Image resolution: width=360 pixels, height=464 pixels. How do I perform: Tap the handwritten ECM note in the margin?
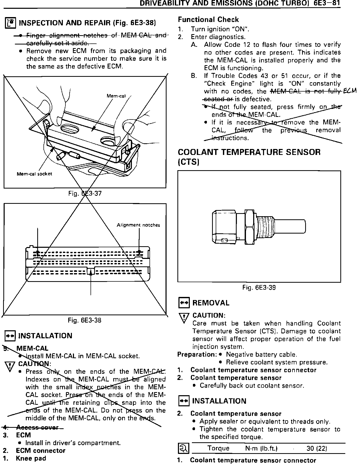point(350,91)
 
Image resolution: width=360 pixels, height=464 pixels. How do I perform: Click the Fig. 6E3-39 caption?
point(259,287)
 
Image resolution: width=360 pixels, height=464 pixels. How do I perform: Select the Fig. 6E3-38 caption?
point(85,320)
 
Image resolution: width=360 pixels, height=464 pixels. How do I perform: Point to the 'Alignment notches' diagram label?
point(138,225)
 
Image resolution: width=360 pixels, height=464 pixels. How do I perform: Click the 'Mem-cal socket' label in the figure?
point(34,174)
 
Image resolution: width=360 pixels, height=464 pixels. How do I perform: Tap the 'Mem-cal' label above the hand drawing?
point(116,96)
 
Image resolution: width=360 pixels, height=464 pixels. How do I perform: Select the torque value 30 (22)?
point(317,448)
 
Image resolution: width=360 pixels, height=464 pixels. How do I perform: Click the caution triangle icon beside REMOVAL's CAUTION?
point(184,318)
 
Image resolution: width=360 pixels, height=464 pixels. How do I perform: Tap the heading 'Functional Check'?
point(208,20)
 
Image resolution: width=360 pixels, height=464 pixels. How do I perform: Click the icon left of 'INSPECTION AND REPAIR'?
point(11,23)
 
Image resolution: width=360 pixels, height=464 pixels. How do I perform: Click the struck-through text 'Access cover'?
point(37,427)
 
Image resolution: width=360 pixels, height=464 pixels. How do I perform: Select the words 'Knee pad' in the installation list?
point(31,458)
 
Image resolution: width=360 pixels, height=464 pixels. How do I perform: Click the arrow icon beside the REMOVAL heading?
point(184,303)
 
